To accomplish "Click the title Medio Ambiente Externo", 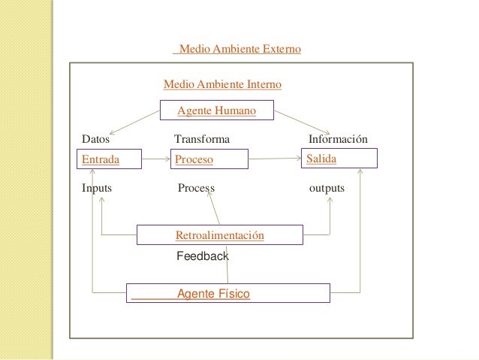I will (237, 50).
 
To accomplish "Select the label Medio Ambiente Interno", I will (222, 85).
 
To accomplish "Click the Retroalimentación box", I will (219, 235).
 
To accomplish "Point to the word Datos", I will (95, 139).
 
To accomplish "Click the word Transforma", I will (202, 139).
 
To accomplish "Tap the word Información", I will (338, 139).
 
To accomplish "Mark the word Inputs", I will (97, 188).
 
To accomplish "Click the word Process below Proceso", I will (196, 188).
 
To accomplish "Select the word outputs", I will (327, 188).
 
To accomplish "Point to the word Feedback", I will (202, 256).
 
